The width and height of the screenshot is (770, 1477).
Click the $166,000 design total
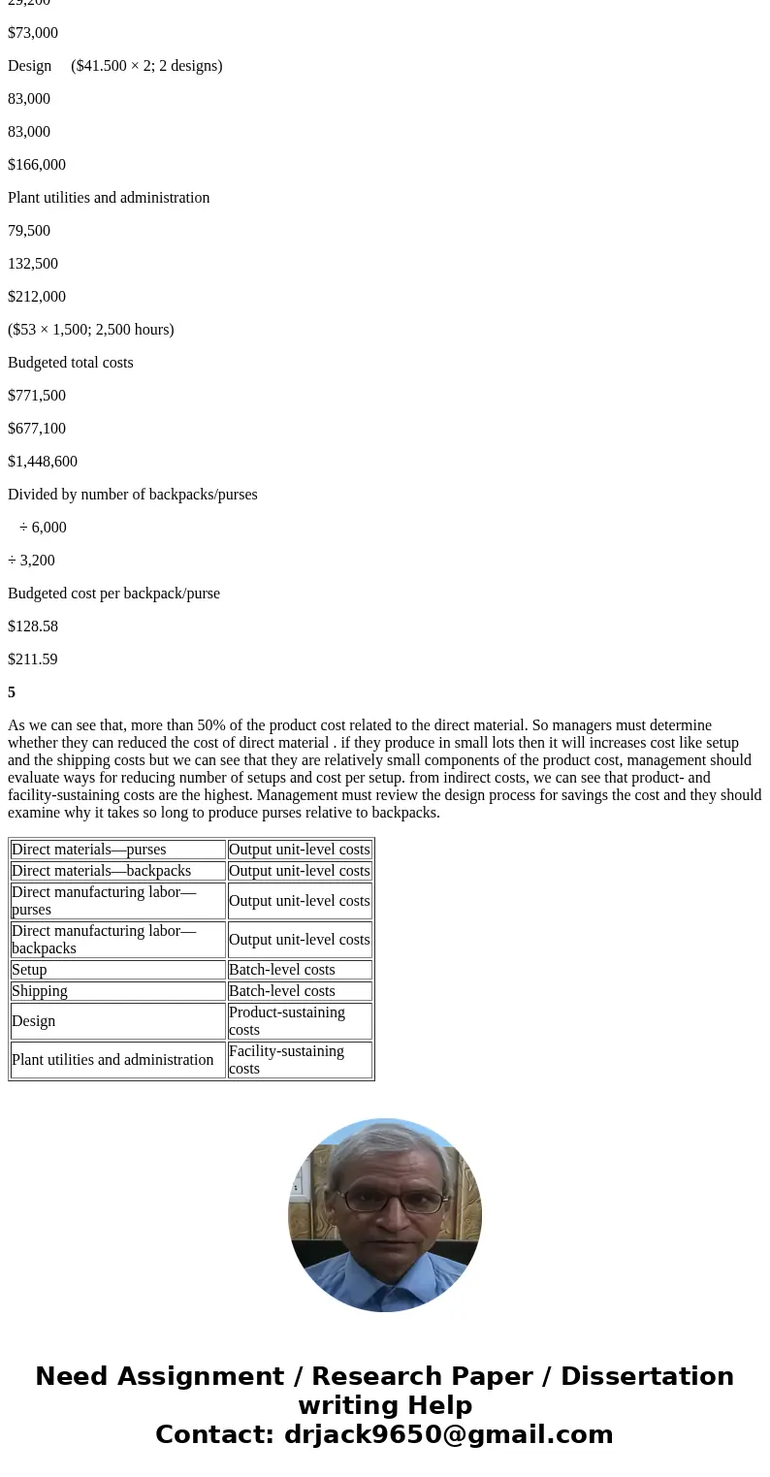coord(37,165)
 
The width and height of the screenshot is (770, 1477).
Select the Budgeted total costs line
coord(71,363)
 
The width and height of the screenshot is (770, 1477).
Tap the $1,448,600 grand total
coord(43,462)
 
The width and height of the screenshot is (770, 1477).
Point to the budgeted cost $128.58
coord(33,626)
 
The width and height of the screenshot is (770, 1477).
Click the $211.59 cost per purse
coord(33,659)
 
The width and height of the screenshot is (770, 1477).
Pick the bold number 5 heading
coord(12,692)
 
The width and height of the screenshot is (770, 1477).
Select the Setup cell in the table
coord(29,970)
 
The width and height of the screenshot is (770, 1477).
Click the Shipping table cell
coord(40,991)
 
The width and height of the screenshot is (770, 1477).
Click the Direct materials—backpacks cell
coord(101,871)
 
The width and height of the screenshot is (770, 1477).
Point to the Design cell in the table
coord(33,1021)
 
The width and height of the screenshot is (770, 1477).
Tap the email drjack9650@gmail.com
coord(448,1434)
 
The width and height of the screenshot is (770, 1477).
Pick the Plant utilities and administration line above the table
coord(109,198)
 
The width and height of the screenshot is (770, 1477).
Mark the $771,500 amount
coord(37,396)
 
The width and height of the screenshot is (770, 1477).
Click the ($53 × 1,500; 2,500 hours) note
coord(91,330)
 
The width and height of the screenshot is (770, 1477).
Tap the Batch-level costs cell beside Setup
coord(282,970)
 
